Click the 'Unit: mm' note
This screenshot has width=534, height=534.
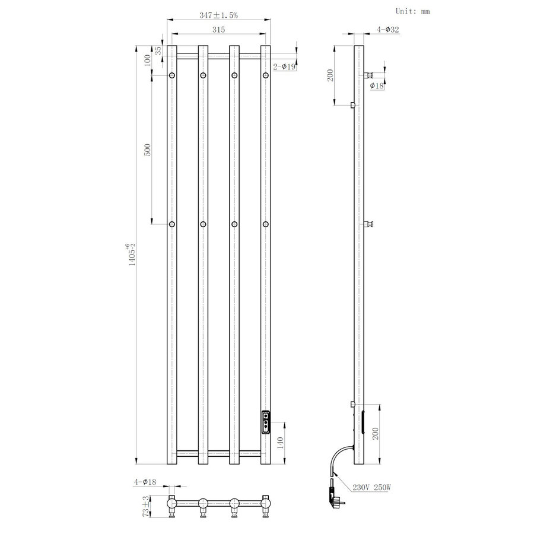(412, 11)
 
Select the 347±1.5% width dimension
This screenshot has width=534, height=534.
(218, 16)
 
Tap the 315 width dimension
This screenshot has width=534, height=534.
(218, 30)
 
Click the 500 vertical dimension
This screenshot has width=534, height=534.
(148, 150)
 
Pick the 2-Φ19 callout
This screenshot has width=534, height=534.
(284, 68)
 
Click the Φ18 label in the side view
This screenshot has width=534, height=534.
(377, 86)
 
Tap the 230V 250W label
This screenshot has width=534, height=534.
(372, 487)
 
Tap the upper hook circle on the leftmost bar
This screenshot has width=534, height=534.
(172, 75)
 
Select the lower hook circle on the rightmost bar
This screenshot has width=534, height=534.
(266, 224)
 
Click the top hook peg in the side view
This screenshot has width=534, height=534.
(370, 75)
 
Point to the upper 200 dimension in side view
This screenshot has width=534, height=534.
(331, 75)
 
